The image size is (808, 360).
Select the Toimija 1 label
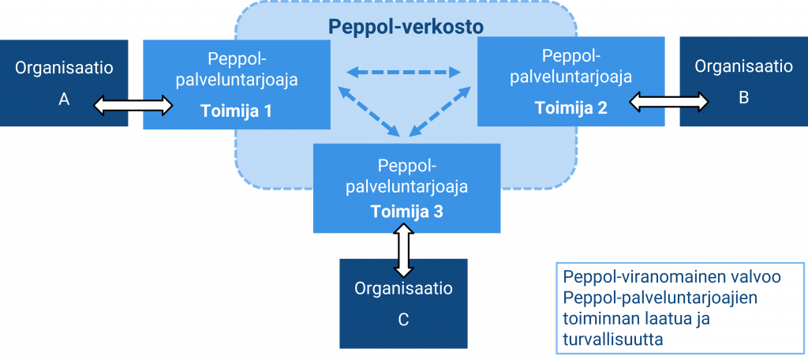(236, 111)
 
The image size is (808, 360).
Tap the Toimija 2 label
(571, 107)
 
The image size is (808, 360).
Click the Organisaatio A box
(64, 83)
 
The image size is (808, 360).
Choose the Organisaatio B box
(743, 83)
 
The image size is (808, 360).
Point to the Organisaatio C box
(403, 303)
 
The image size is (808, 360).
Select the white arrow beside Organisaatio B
(669, 100)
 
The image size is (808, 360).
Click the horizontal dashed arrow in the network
(404, 73)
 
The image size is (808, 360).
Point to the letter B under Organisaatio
(743, 99)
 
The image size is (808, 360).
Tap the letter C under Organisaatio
(403, 320)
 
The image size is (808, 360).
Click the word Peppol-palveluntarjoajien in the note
(660, 298)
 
